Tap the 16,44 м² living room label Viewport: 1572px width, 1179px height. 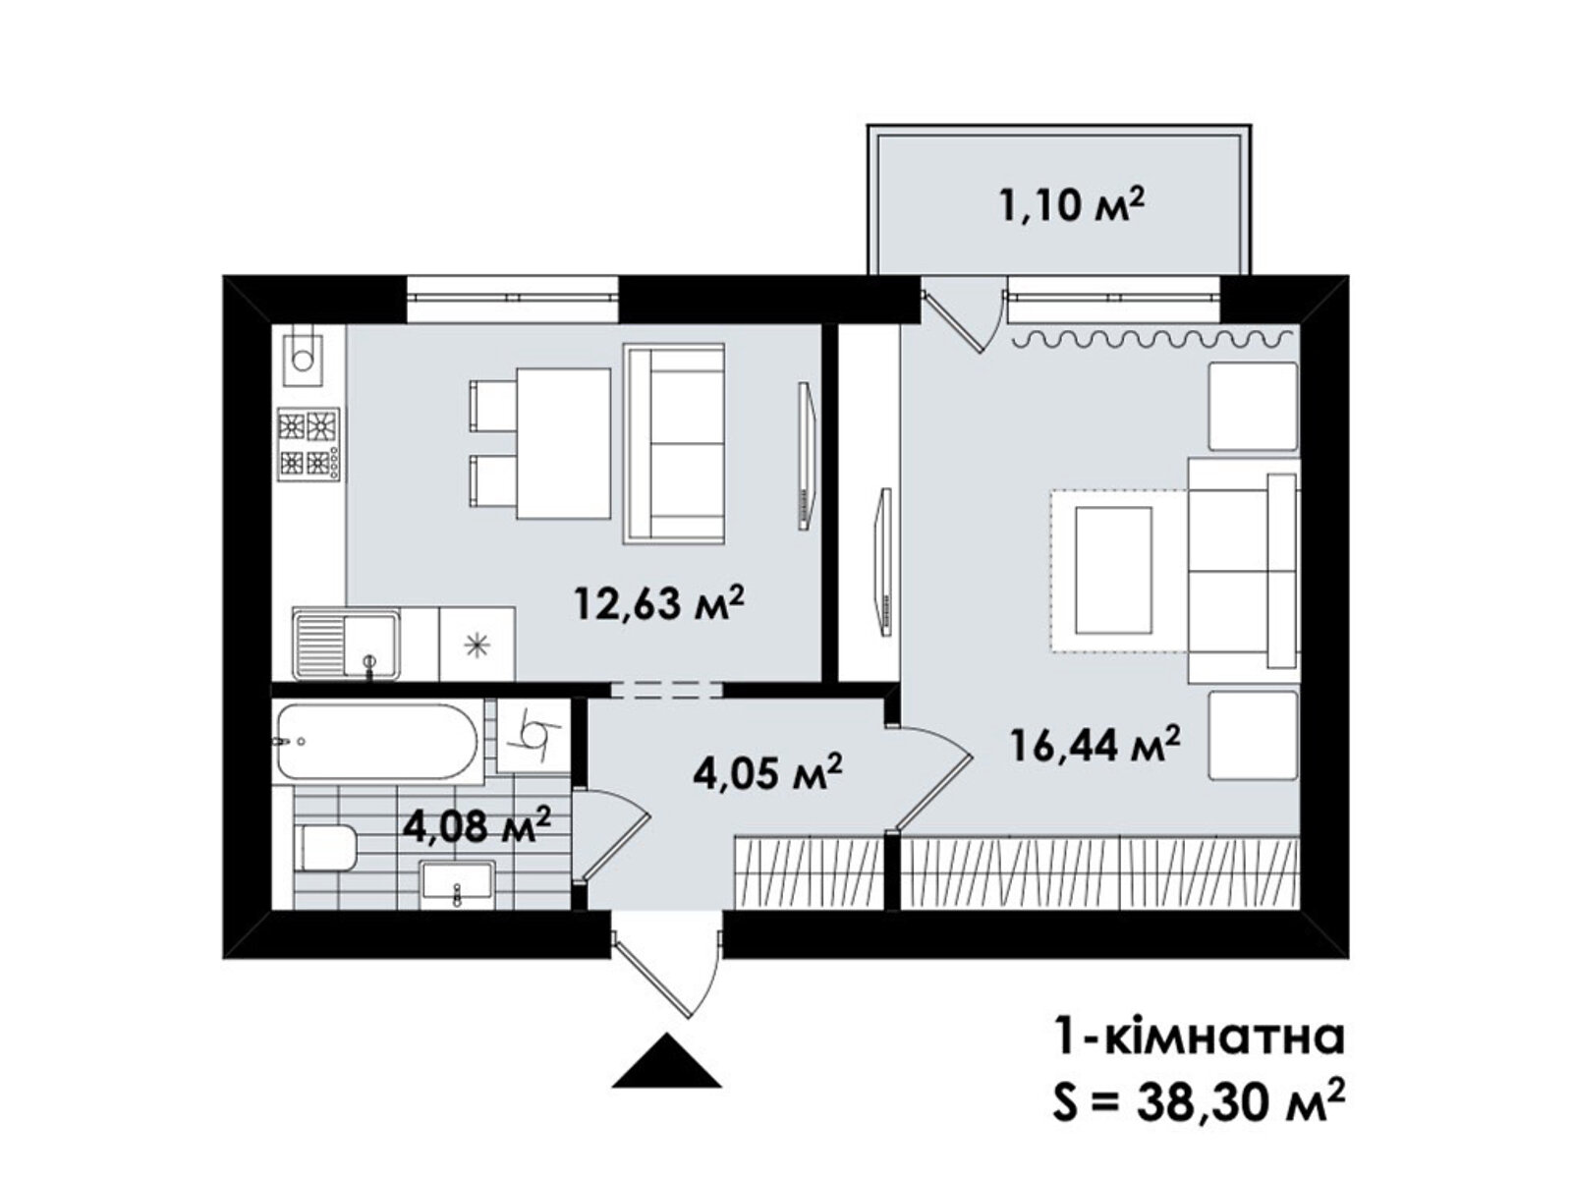click(x=1095, y=747)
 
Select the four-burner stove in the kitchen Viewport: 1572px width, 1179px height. click(x=309, y=444)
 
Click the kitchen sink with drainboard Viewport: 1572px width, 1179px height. click(x=345, y=644)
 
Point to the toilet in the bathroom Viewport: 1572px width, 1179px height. click(x=326, y=848)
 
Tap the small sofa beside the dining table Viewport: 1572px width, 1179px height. click(x=674, y=442)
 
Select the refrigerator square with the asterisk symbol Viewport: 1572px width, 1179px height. click(x=477, y=644)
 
